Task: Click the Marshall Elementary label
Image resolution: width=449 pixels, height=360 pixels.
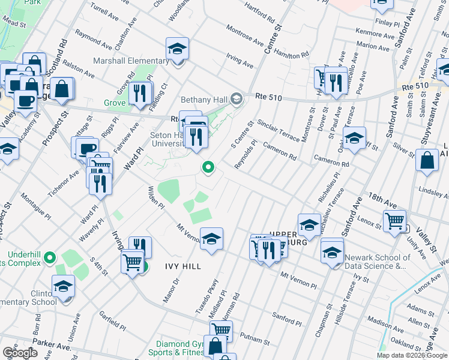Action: tap(131, 61)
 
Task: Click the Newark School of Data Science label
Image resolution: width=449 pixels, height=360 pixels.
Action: tap(378, 262)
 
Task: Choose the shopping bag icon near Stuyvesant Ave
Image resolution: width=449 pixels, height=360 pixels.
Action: tap(427, 161)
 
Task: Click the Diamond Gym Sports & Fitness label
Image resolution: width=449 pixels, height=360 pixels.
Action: tap(179, 348)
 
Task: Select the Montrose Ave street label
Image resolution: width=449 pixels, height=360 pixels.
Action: tap(245, 37)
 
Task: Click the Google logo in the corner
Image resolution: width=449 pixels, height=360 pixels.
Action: tap(20, 353)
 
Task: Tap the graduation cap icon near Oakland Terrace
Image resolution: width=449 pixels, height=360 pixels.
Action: tap(354, 138)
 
